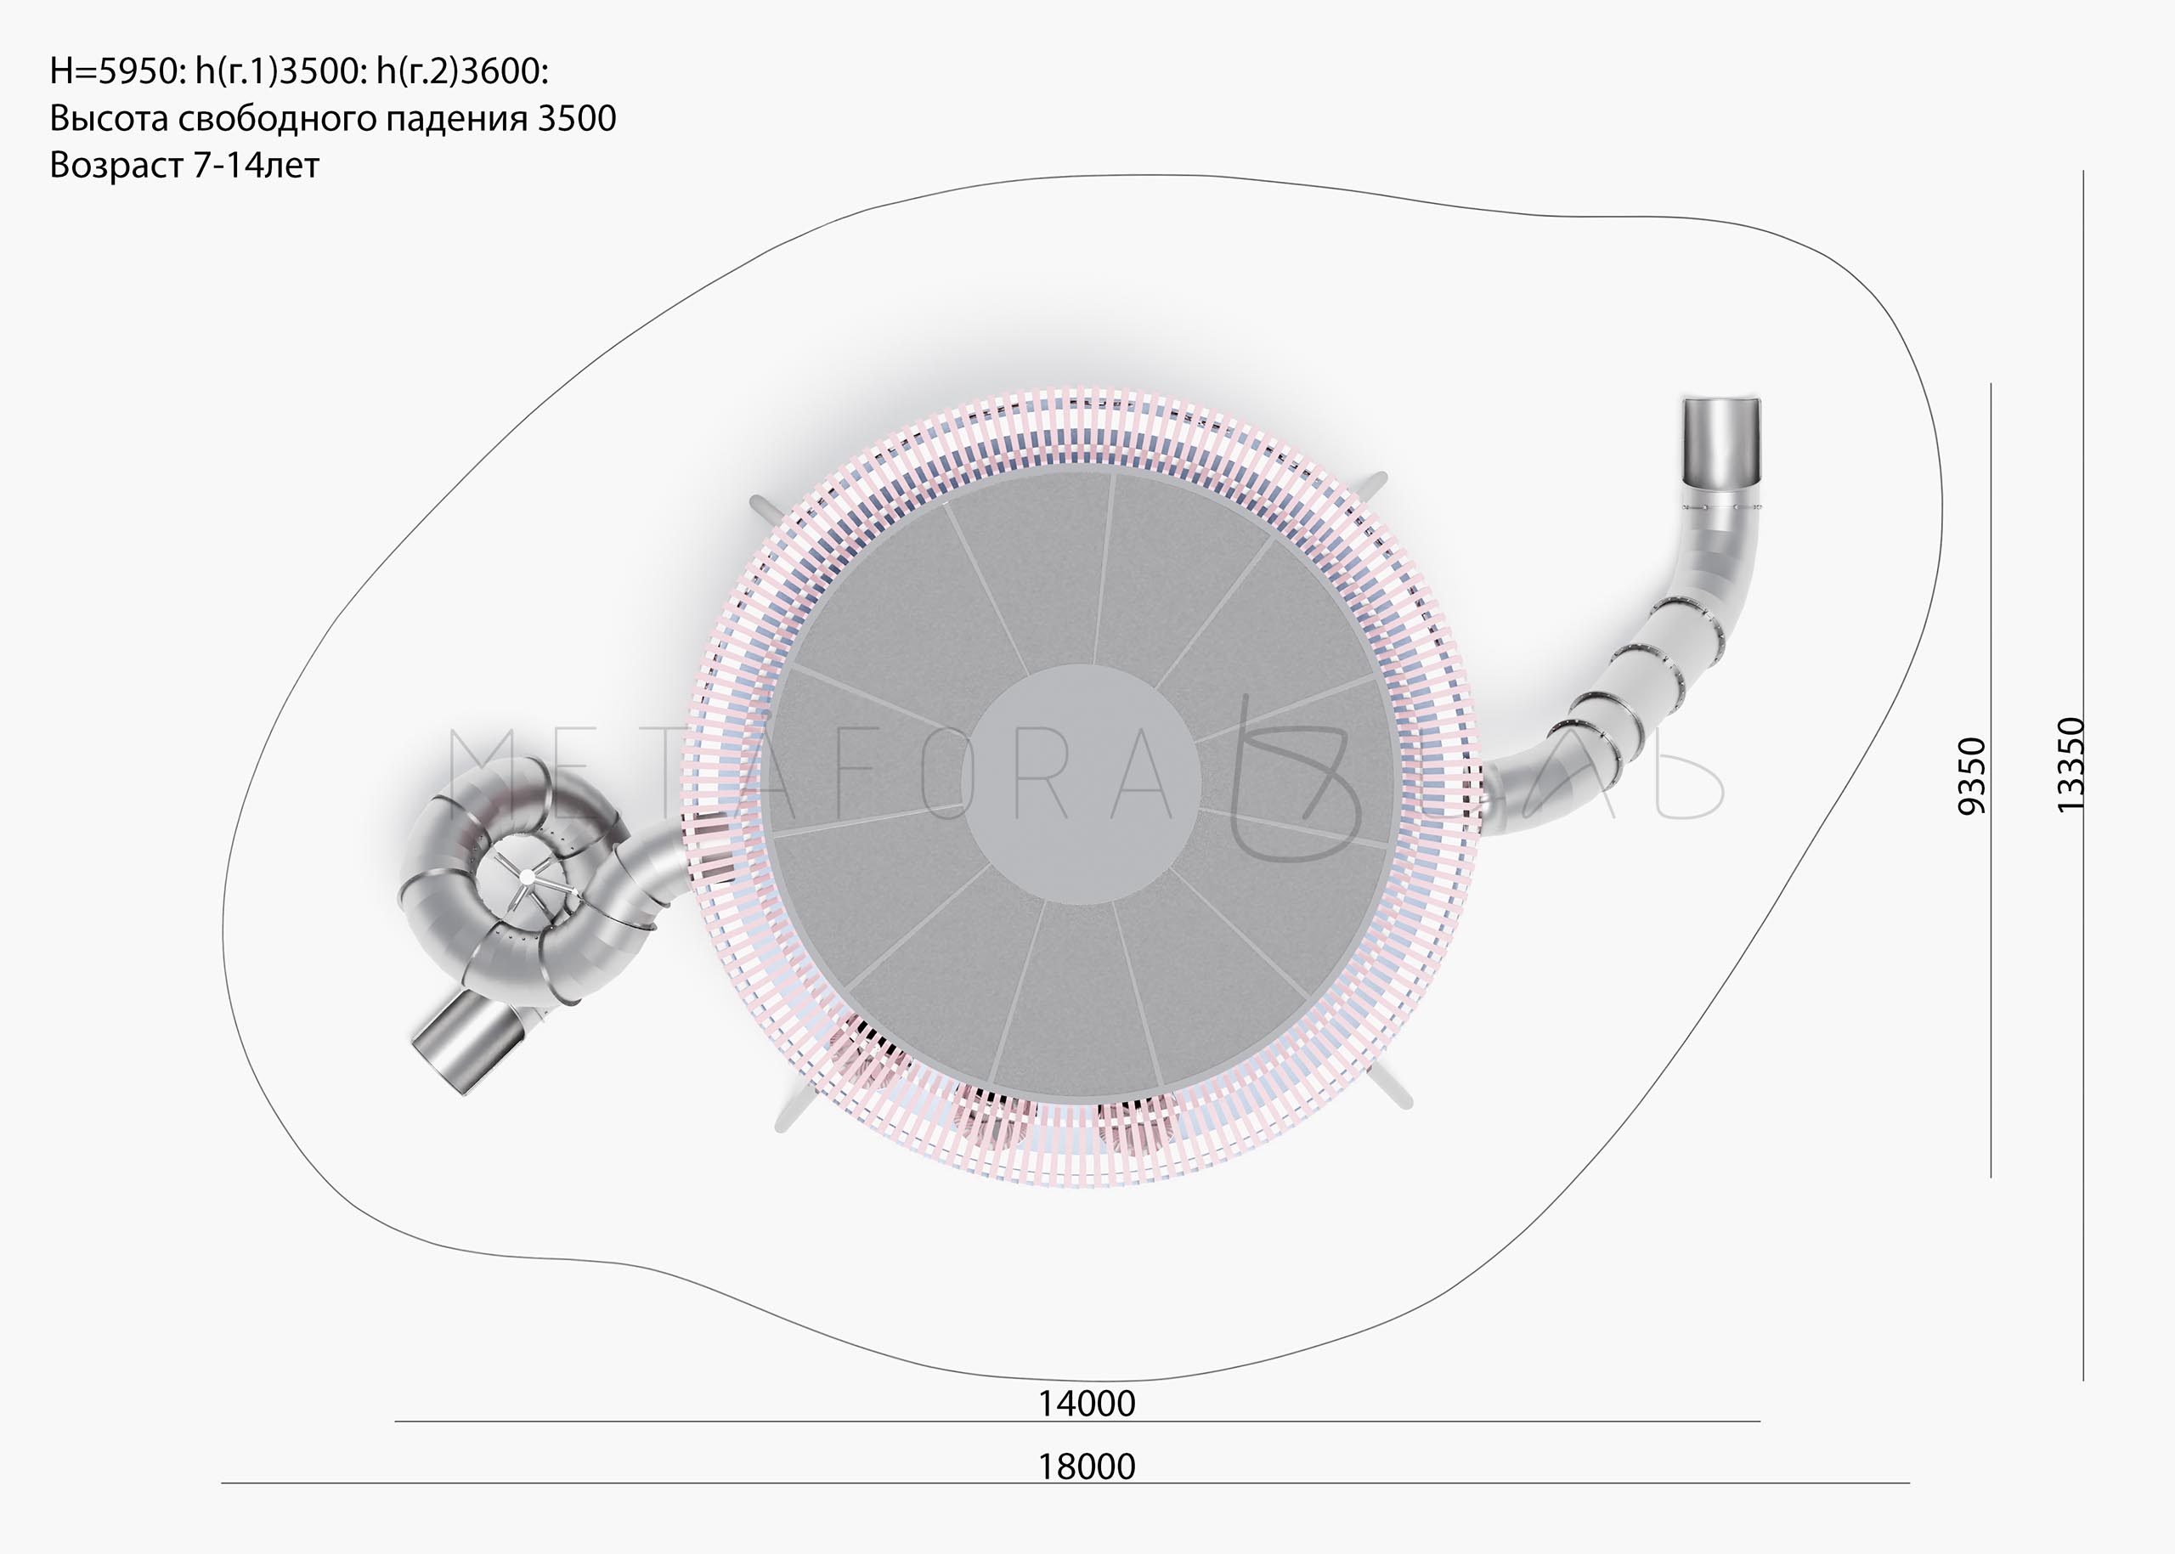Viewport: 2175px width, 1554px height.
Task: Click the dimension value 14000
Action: (x=1087, y=1404)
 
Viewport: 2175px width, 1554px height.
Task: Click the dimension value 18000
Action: (x=1087, y=1466)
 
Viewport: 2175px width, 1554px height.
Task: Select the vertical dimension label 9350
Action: (x=1972, y=776)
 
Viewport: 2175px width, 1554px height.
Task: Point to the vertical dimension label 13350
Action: (x=2070, y=766)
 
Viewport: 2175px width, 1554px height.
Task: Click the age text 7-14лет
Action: (x=257, y=166)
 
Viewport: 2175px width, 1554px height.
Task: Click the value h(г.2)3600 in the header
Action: (x=460, y=71)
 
